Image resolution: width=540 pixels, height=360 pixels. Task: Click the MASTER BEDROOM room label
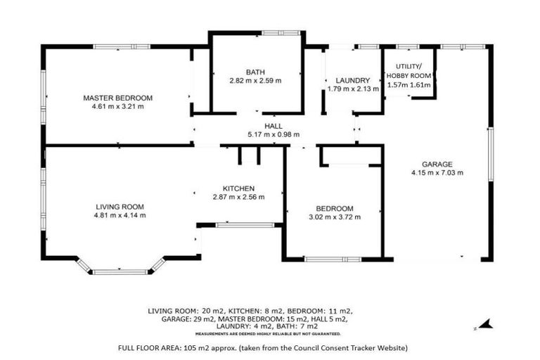[117, 98]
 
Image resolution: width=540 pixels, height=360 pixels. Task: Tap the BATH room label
[255, 72]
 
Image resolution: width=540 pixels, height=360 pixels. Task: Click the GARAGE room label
[437, 164]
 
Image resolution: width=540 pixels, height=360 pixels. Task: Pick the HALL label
[274, 126]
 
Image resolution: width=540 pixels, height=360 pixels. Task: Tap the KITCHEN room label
[238, 188]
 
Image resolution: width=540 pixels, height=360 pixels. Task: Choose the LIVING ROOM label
[120, 207]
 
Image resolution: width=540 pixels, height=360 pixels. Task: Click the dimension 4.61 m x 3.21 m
[117, 107]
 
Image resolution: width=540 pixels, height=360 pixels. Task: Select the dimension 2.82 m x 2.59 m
[255, 81]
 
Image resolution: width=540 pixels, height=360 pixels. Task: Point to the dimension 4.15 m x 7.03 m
[437, 173]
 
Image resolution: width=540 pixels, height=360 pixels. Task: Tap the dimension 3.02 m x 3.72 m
[334, 217]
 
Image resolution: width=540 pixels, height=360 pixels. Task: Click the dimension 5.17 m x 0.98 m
[274, 134]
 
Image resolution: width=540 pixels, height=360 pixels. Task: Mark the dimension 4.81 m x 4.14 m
[120, 216]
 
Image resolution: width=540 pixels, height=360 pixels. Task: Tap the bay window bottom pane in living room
[120, 271]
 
